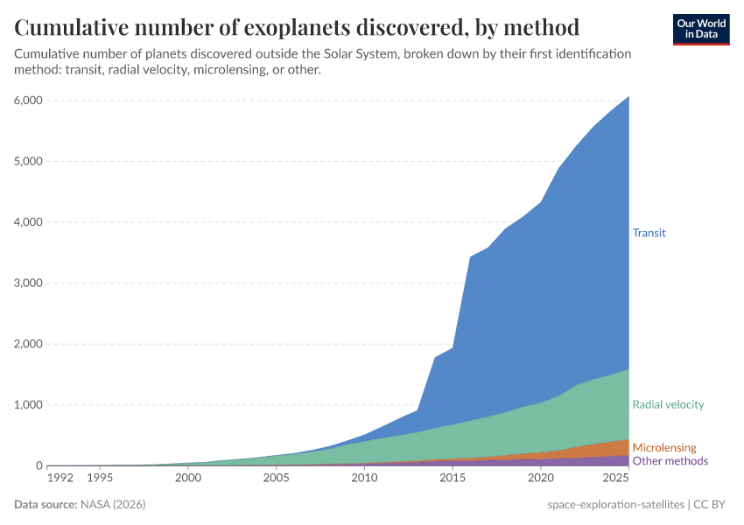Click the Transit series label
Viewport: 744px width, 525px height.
pos(649,233)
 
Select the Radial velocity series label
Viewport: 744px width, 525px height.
pos(668,404)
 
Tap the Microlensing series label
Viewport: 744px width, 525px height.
pos(664,447)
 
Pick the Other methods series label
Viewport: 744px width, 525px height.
pos(670,460)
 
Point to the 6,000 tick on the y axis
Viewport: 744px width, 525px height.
pos(26,100)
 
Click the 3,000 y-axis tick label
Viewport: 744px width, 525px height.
pos(26,283)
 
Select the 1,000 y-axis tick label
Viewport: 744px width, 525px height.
pos(26,404)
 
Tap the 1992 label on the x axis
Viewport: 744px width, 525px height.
pos(60,479)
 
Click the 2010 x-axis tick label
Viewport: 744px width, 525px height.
pos(364,479)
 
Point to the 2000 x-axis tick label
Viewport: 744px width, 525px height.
pos(187,479)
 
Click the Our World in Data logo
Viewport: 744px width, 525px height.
pos(700,29)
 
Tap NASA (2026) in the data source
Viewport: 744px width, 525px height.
pos(112,505)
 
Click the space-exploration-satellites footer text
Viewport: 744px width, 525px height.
pos(615,505)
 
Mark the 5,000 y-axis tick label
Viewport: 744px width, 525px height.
pos(26,161)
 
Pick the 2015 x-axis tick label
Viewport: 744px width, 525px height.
pos(453,479)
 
